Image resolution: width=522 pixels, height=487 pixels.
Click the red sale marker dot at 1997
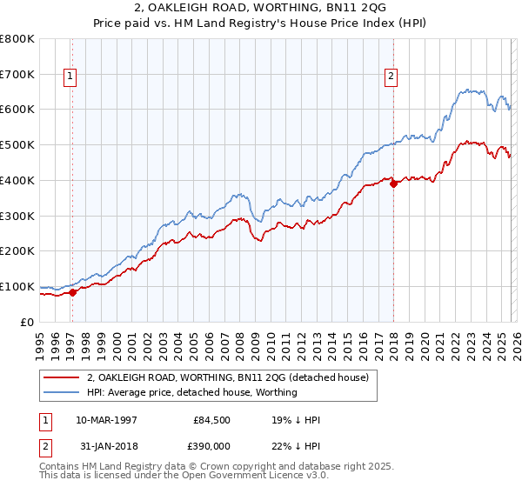pyautogui.click(x=72, y=292)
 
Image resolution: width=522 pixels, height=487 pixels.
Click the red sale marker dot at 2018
pyautogui.click(x=393, y=183)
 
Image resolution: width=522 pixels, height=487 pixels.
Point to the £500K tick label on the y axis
pyautogui.click(x=17, y=145)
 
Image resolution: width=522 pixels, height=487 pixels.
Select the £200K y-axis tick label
pyautogui.click(x=17, y=251)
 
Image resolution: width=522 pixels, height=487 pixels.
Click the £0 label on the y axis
pyautogui.click(x=28, y=322)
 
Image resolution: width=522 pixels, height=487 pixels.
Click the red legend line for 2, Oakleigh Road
pyautogui.click(x=62, y=377)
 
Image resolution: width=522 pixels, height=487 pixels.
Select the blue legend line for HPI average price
pyautogui.click(x=62, y=392)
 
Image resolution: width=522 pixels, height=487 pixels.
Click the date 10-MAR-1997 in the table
pyautogui.click(x=106, y=419)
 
